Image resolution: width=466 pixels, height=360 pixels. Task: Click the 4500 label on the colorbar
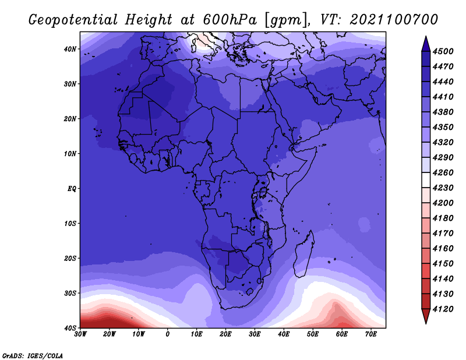click(x=443, y=51)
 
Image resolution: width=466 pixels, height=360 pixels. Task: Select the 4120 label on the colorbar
click(x=443, y=309)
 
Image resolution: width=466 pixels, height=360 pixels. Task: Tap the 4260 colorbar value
click(x=443, y=172)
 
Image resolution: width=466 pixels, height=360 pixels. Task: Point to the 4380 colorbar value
click(x=443, y=112)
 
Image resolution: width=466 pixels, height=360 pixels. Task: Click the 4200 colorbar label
click(x=443, y=203)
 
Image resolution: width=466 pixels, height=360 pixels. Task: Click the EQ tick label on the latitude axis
click(x=72, y=189)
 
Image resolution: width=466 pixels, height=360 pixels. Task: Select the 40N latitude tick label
click(x=70, y=49)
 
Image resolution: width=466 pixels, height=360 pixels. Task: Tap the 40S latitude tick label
click(x=70, y=328)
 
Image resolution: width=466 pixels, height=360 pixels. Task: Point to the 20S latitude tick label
click(x=70, y=258)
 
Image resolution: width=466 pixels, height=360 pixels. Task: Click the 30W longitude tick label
click(x=80, y=334)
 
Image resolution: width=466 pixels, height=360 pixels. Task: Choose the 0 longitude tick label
click(x=168, y=334)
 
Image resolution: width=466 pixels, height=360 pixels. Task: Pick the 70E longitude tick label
click(x=371, y=334)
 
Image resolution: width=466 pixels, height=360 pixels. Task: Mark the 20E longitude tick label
click(x=225, y=334)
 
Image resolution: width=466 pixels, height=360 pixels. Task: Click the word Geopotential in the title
click(x=73, y=20)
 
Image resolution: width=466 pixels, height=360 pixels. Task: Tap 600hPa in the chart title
click(x=230, y=20)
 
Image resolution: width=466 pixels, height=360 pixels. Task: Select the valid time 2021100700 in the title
click(x=394, y=20)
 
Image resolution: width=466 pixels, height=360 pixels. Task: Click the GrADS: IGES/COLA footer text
click(x=33, y=356)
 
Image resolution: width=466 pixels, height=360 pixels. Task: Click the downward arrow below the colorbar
click(x=426, y=316)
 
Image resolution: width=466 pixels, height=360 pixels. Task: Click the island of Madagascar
click(x=304, y=254)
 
